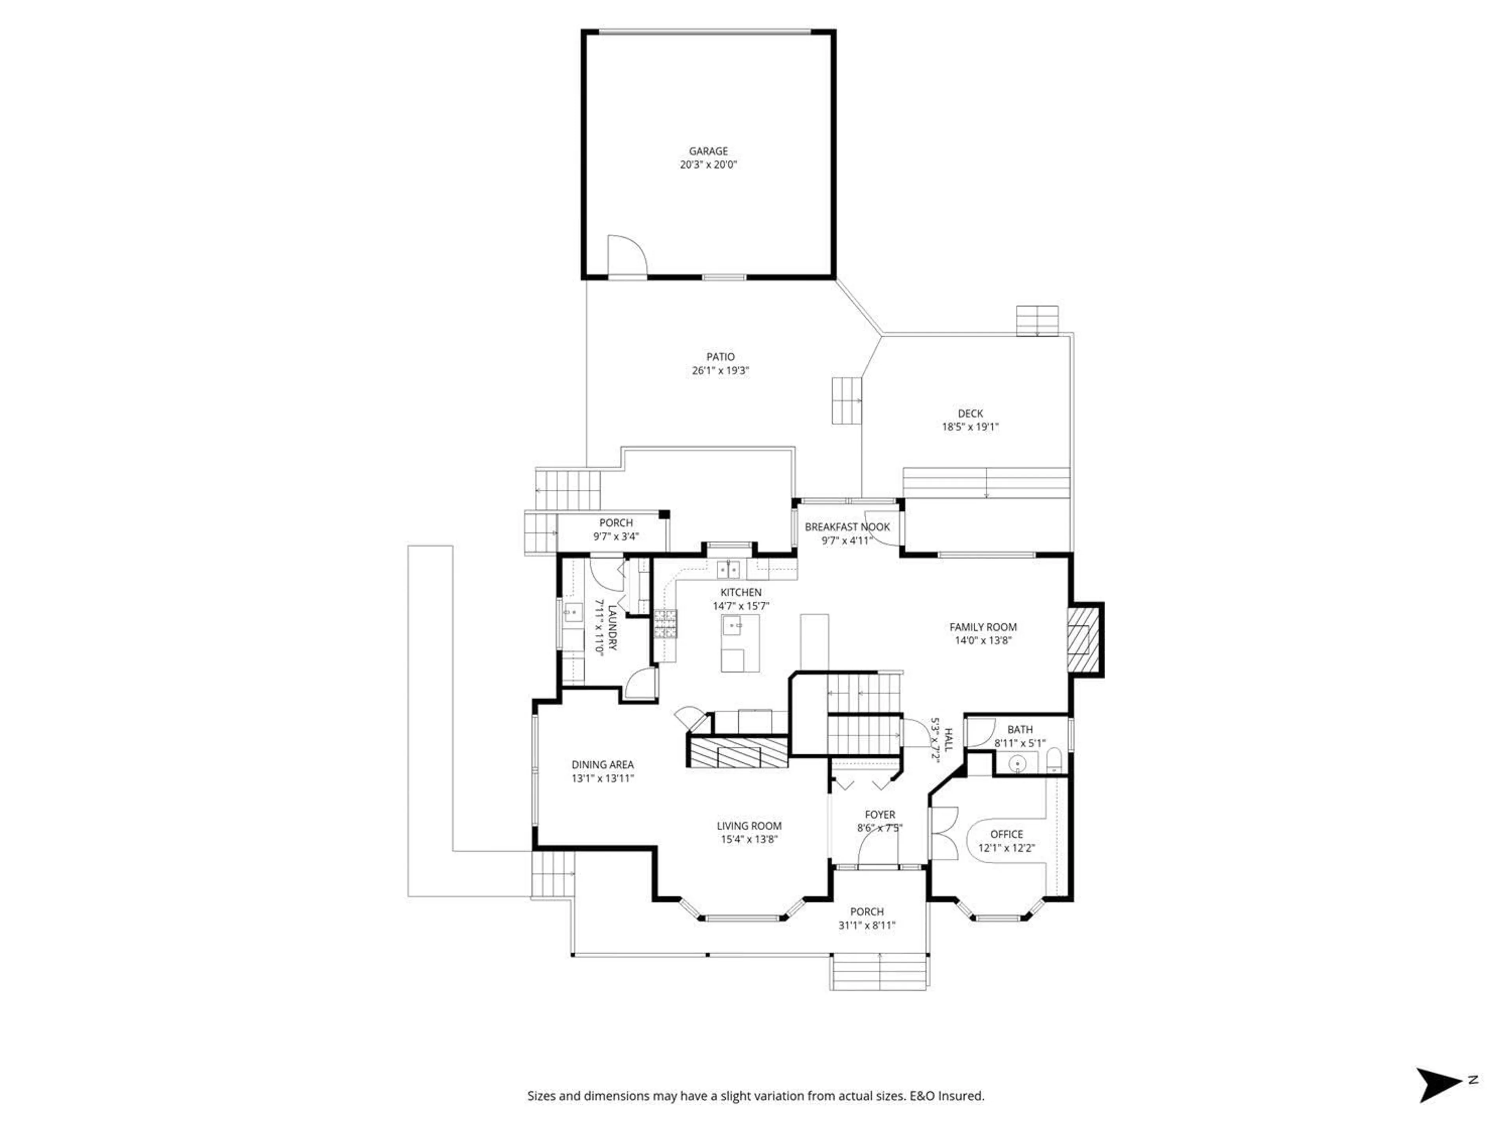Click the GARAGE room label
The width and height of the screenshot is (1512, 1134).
click(x=708, y=151)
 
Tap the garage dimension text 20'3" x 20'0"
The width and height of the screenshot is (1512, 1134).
click(x=708, y=165)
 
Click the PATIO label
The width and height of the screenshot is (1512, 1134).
click(x=721, y=357)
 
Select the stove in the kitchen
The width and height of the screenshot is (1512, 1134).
click(x=666, y=623)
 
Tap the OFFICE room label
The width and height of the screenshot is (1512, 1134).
click(x=1006, y=834)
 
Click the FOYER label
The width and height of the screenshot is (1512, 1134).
click(x=880, y=815)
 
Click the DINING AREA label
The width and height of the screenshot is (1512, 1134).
click(x=602, y=765)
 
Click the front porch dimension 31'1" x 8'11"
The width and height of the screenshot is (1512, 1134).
click(x=867, y=926)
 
